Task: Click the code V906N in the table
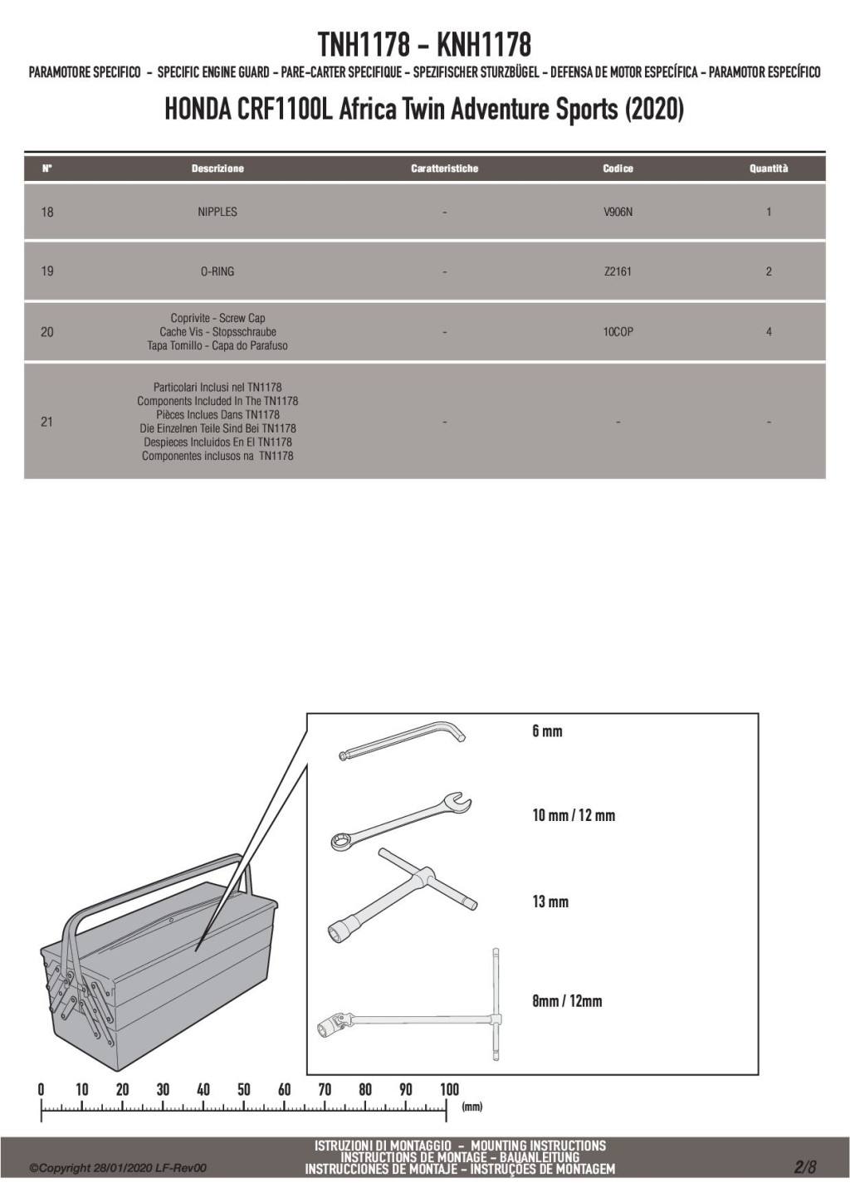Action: (x=618, y=212)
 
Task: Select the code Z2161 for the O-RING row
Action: (x=618, y=271)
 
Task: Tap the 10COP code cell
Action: (x=618, y=332)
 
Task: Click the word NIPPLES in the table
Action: (x=217, y=212)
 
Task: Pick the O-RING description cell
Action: (x=217, y=271)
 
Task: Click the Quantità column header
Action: (x=769, y=169)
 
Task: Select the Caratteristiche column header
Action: (x=445, y=169)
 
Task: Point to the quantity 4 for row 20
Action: (x=769, y=332)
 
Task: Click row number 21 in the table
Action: (x=47, y=422)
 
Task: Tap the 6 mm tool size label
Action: (x=547, y=731)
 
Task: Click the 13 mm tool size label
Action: (x=550, y=901)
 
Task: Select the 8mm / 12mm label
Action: (x=567, y=1001)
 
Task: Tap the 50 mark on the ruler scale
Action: (x=244, y=1090)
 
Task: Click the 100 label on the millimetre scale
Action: (x=449, y=1090)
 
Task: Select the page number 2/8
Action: (x=805, y=1167)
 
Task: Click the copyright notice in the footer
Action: (x=118, y=1169)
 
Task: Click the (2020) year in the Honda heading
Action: (x=655, y=110)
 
